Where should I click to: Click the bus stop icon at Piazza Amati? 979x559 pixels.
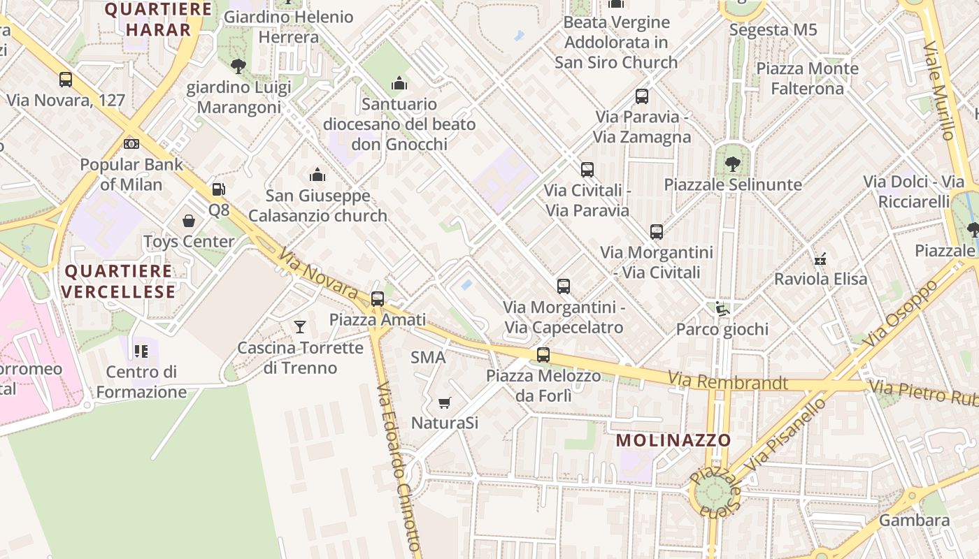378,299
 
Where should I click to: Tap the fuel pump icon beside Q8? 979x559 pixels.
219,189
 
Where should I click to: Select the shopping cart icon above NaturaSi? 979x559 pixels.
444,402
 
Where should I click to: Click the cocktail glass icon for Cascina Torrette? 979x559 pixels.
300,326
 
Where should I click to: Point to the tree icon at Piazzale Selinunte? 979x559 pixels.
732,164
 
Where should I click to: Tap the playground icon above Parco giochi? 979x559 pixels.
722,308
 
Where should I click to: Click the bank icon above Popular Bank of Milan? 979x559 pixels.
131,144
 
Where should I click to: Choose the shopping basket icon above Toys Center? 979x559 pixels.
189,221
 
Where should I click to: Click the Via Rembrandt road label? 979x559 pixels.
727,382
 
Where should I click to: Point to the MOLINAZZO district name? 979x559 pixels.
674,440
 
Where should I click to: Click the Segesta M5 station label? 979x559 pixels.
773,30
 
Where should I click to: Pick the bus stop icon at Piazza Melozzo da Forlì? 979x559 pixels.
543,355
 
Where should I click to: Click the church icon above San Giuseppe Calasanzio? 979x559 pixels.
317,175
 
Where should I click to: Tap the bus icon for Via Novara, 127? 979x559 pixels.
66,80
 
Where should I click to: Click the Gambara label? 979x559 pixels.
914,521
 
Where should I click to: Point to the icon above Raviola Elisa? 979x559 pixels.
821,259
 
